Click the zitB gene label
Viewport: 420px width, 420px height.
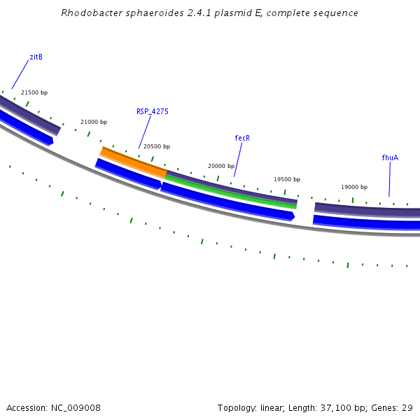[36, 57]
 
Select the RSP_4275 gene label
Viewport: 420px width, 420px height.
[152, 111]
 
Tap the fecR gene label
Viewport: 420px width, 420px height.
[242, 138]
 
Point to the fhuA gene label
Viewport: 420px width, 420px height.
[390, 157]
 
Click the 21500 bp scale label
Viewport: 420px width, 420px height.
[34, 92]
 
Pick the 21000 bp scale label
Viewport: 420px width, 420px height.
[94, 122]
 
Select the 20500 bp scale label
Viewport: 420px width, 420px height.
[157, 146]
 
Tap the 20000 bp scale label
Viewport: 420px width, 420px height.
[221, 166]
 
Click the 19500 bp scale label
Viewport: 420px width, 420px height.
[287, 179]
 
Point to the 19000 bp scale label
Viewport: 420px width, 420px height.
[354, 187]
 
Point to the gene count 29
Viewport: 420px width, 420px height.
[407, 407]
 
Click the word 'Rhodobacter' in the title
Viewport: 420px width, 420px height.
[87, 13]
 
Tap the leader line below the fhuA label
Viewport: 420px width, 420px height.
[389, 179]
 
